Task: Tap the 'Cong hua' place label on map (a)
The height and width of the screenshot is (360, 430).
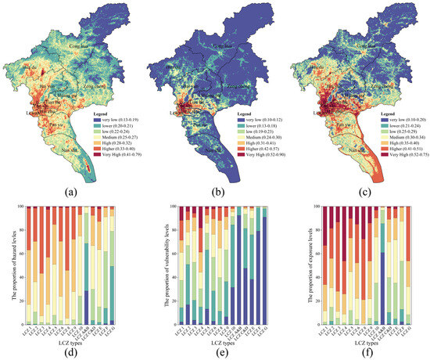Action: click(76, 48)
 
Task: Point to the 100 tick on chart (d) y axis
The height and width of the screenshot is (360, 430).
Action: click(23, 207)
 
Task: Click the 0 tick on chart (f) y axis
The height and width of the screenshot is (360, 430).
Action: click(310, 323)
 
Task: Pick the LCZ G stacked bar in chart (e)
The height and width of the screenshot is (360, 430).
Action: click(256, 265)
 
